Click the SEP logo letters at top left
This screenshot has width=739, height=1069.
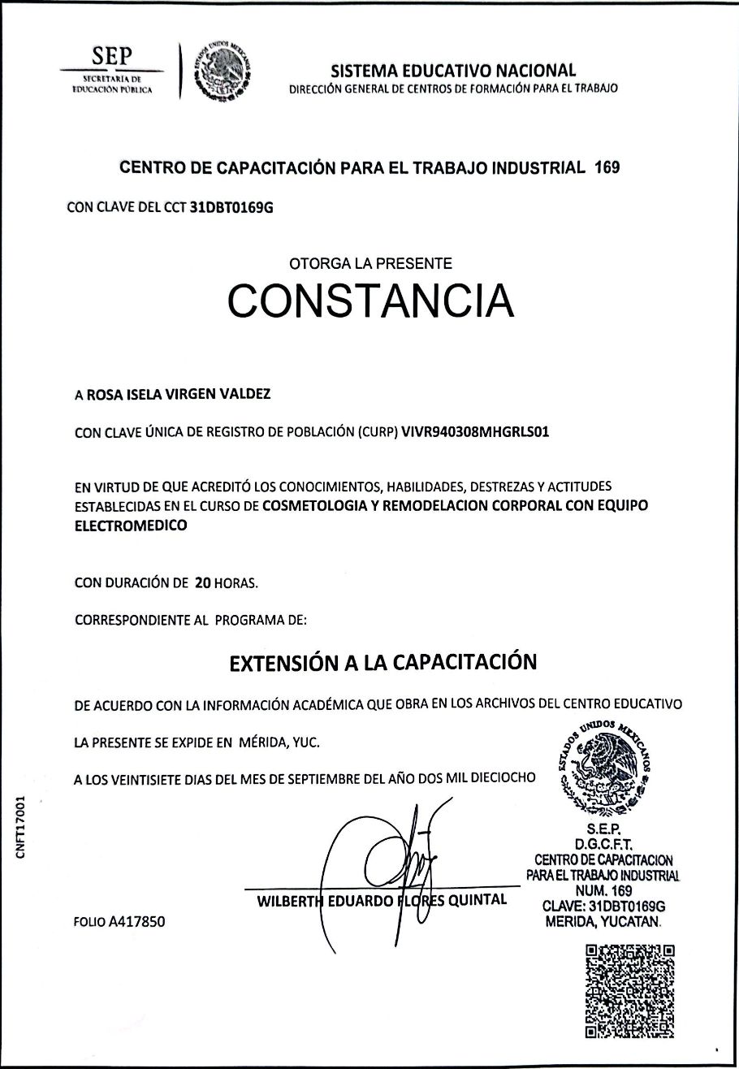[112, 56]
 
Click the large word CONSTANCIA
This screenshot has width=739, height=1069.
[370, 301]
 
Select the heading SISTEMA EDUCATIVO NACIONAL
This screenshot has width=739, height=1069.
[454, 71]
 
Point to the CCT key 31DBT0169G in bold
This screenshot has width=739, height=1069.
[231, 207]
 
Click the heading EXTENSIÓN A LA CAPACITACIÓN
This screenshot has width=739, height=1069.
[382, 662]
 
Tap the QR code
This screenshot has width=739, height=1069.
[629, 989]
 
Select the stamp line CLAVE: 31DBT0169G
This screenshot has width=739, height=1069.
[603, 906]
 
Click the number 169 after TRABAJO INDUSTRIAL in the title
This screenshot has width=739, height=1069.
[607, 168]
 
